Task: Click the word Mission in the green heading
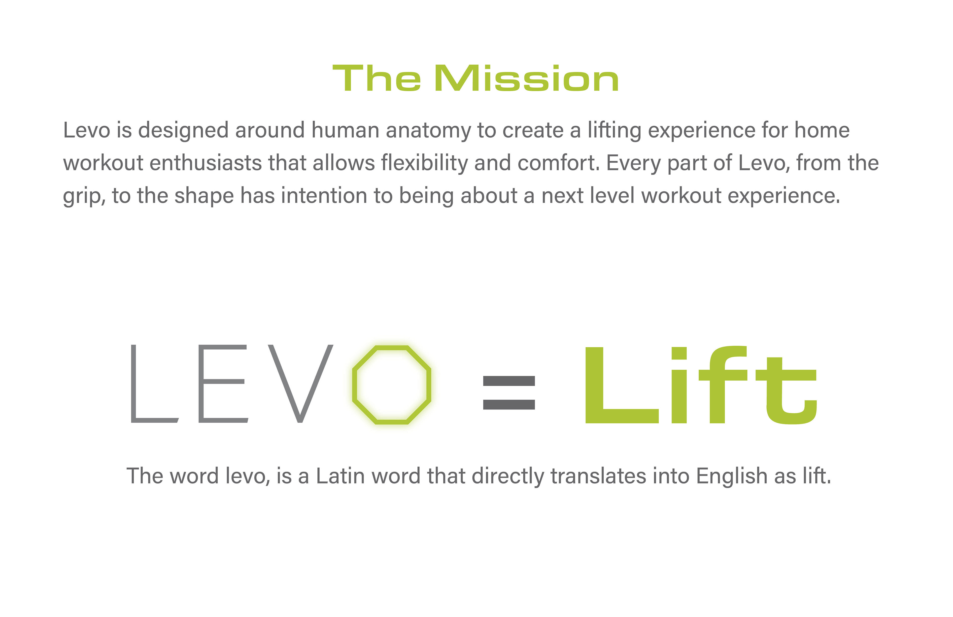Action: tap(527, 78)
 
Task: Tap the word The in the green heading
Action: tap(377, 78)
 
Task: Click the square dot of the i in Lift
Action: tap(679, 353)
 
